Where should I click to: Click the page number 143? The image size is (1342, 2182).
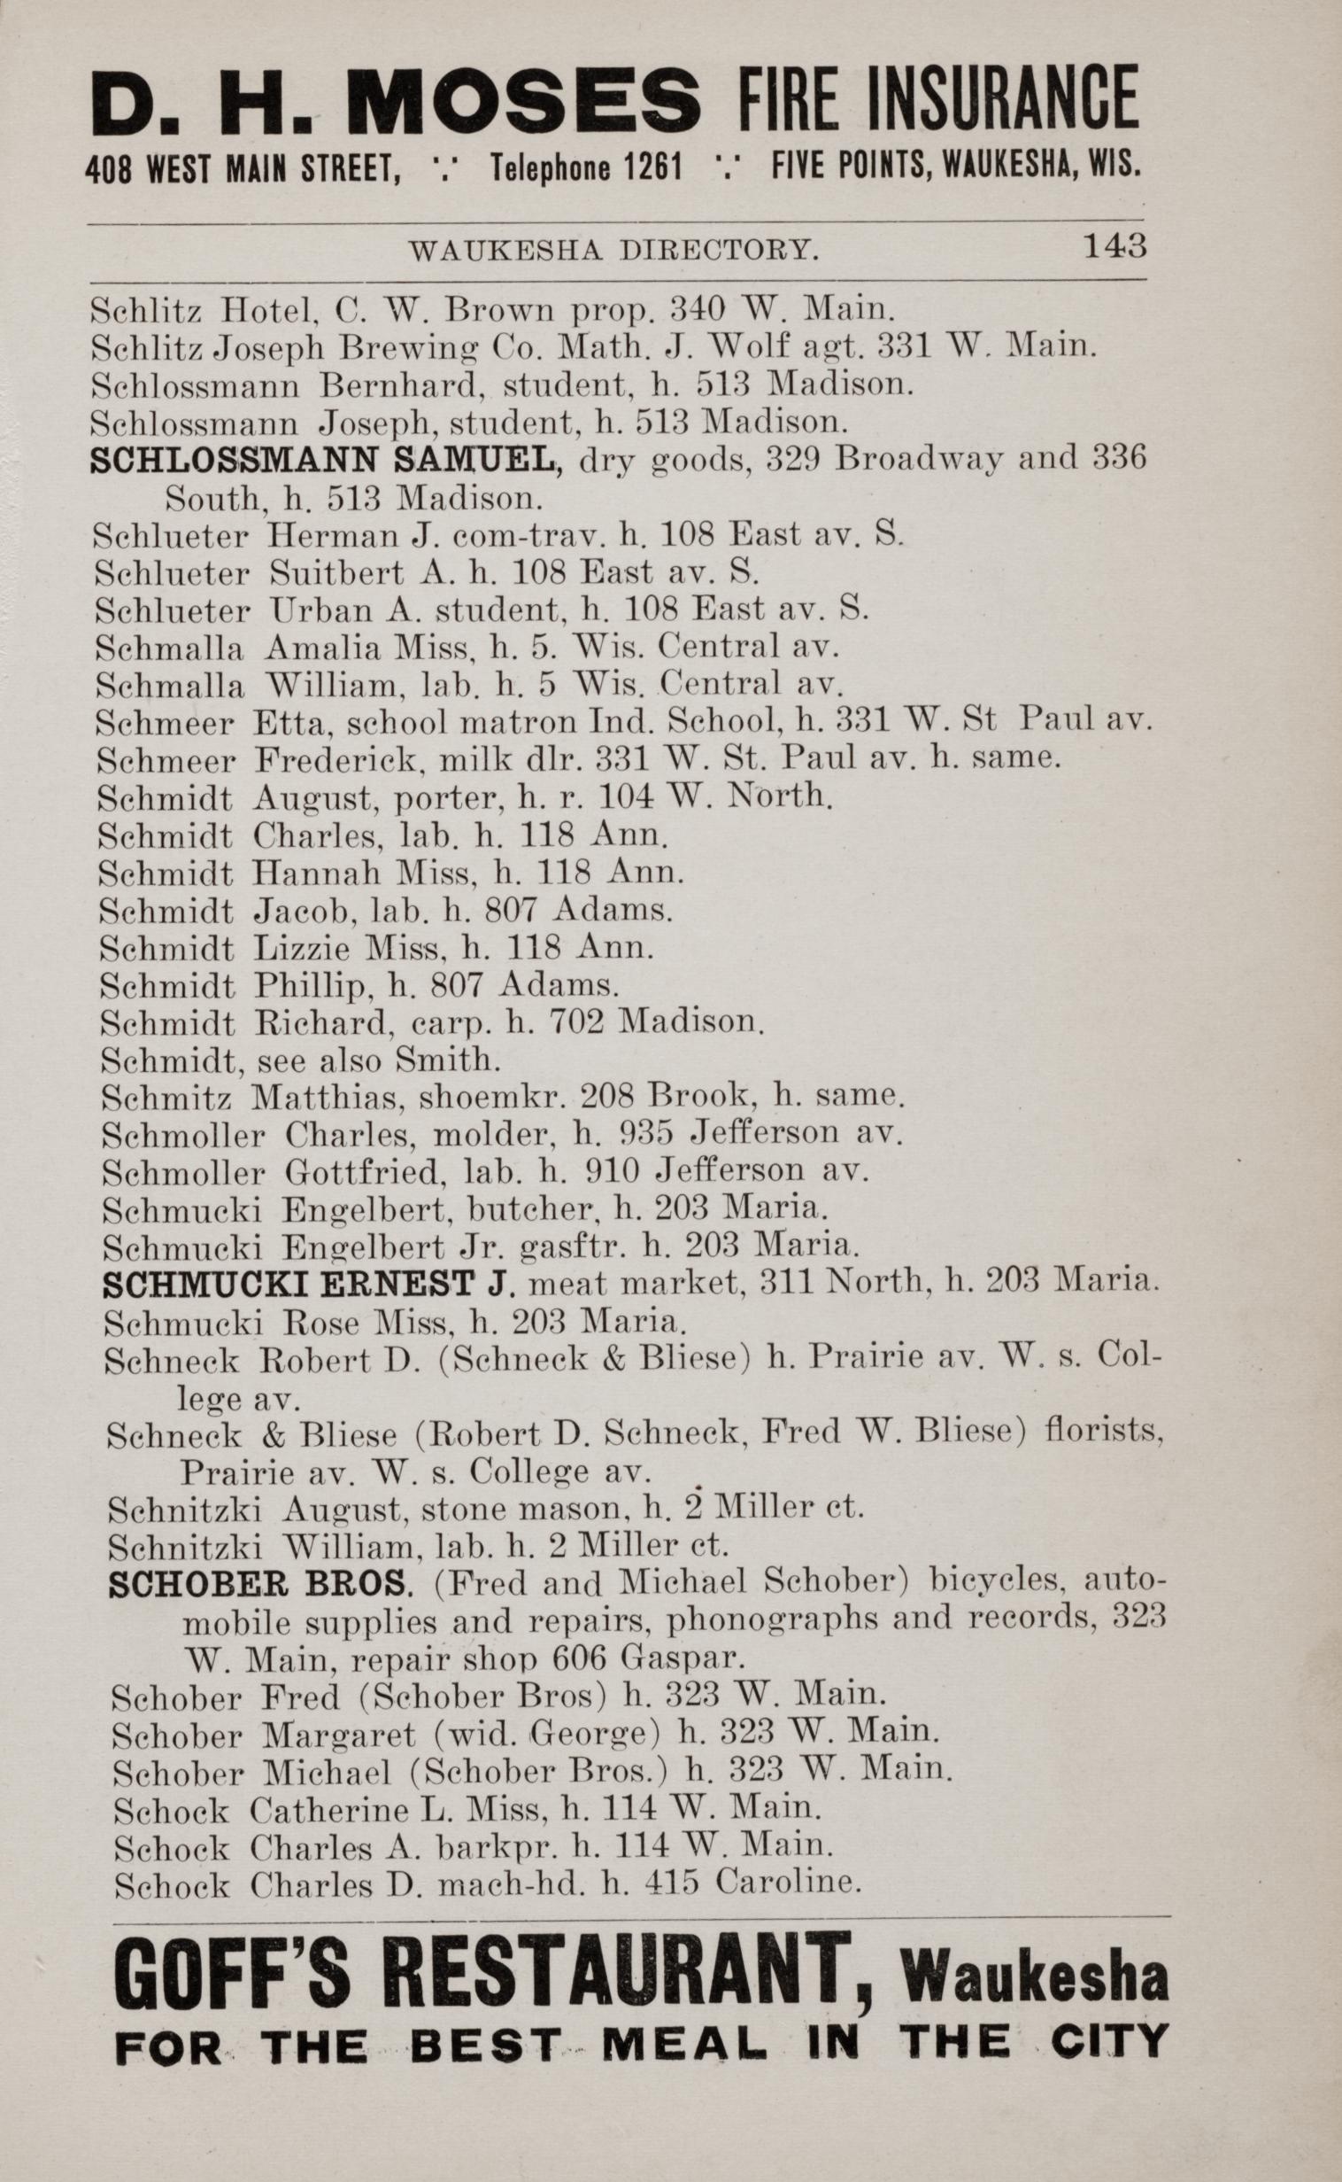[x=1114, y=245]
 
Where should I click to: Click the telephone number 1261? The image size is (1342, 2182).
[x=647, y=165]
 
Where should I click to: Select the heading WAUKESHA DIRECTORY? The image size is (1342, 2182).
[x=613, y=252]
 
